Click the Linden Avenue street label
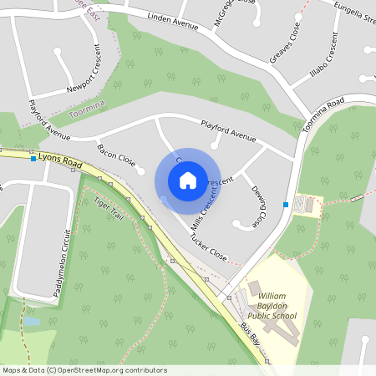[x=172, y=21]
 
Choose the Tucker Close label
[x=208, y=246]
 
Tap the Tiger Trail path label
[x=115, y=214]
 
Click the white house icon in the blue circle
[x=188, y=180]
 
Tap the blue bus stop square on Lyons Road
[x=33, y=159]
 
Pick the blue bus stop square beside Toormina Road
[x=286, y=205]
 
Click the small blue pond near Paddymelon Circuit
[x=31, y=321]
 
